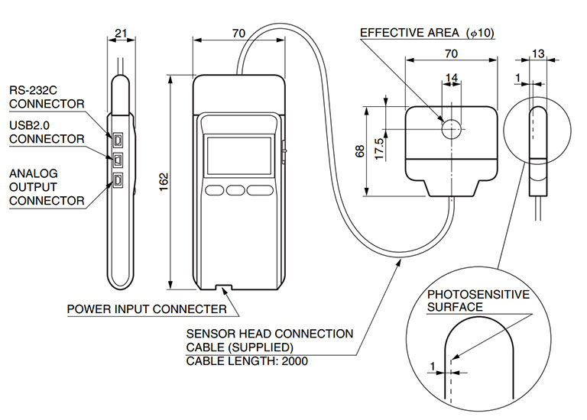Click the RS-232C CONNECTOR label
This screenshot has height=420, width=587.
[46, 98]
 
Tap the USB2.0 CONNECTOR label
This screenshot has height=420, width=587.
[46, 132]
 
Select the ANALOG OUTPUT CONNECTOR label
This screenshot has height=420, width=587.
[46, 187]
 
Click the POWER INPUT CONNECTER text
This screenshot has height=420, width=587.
[147, 309]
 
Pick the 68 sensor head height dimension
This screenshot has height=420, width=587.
[360, 151]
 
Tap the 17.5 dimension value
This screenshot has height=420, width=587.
[379, 145]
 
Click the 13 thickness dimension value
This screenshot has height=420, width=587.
[538, 53]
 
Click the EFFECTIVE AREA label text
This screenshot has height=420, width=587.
[409, 33]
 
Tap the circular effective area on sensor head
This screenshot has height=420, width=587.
[451, 128]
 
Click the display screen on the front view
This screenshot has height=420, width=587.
[238, 156]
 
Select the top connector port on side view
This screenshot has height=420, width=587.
[118, 141]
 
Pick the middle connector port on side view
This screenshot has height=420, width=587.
[118, 160]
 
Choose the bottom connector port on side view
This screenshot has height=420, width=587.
[118, 179]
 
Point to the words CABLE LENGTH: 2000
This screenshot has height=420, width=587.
[247, 361]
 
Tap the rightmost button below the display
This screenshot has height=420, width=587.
[259, 189]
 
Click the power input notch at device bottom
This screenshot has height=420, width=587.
[222, 288]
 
